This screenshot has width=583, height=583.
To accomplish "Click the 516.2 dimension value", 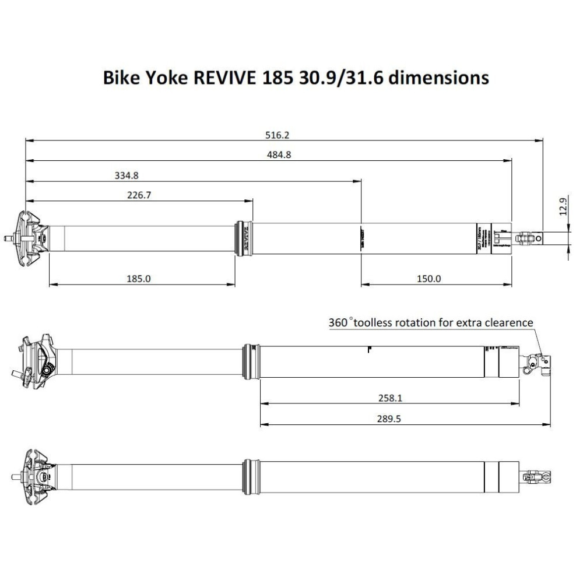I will point(278,135).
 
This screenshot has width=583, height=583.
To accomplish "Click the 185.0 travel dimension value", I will point(139,279).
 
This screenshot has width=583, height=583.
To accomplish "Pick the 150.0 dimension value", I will point(429,279).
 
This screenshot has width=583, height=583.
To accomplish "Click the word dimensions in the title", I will point(438,78).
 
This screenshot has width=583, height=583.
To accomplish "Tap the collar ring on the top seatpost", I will point(244,238).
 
